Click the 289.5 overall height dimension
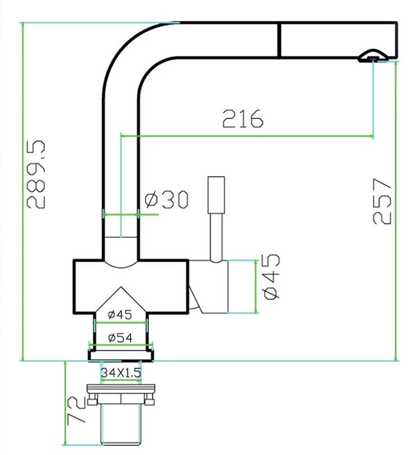pyautogui.click(x=36, y=175)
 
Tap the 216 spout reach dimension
pyautogui.click(x=243, y=119)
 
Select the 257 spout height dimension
pyautogui.click(x=382, y=201)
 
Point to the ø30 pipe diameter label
pyautogui.click(x=167, y=200)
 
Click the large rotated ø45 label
pyautogui.click(x=272, y=276)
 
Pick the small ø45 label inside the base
pyautogui.click(x=120, y=315)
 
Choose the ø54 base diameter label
pyautogui.click(x=120, y=338)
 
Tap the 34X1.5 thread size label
pyautogui.click(x=121, y=373)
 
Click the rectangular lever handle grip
pyautogui.click(x=216, y=195)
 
